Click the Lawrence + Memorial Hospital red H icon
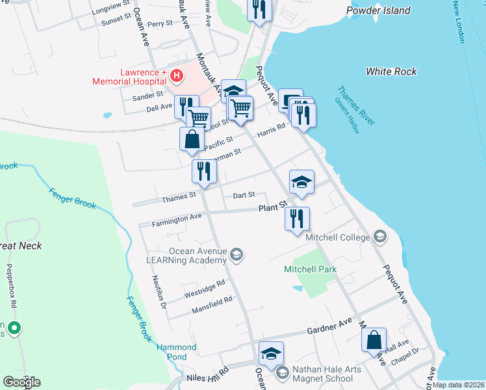[x=175, y=77]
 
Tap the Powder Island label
[x=379, y=10]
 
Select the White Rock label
[x=391, y=71]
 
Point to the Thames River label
[x=356, y=105]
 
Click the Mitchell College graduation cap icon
[x=379, y=237]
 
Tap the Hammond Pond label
[x=176, y=352]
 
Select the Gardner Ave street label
[x=330, y=326]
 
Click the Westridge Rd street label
[x=205, y=289]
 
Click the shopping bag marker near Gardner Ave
[x=374, y=340]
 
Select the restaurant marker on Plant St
[x=297, y=218]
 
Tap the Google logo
[x=21, y=382]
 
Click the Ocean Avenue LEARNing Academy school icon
[x=237, y=254]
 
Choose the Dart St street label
[x=244, y=194]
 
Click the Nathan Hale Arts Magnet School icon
[x=282, y=373]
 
